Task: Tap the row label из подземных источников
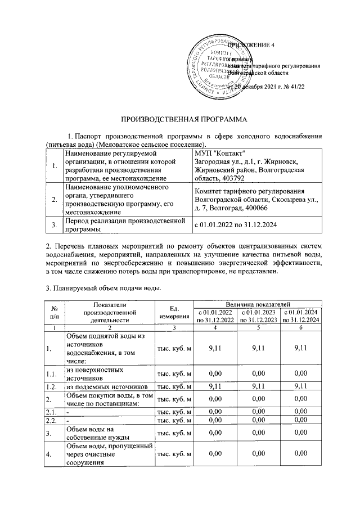(107, 386)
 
